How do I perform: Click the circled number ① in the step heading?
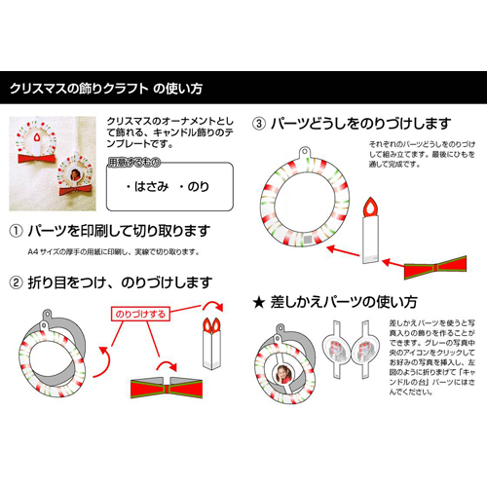tap(17, 232)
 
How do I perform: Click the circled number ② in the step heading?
tap(17, 283)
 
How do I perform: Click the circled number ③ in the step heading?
tap(259, 125)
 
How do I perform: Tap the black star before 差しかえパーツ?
tap(259, 301)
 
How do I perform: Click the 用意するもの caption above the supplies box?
tap(134, 158)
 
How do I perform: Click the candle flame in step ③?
tap(371, 206)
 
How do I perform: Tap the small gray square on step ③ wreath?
tap(310, 237)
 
